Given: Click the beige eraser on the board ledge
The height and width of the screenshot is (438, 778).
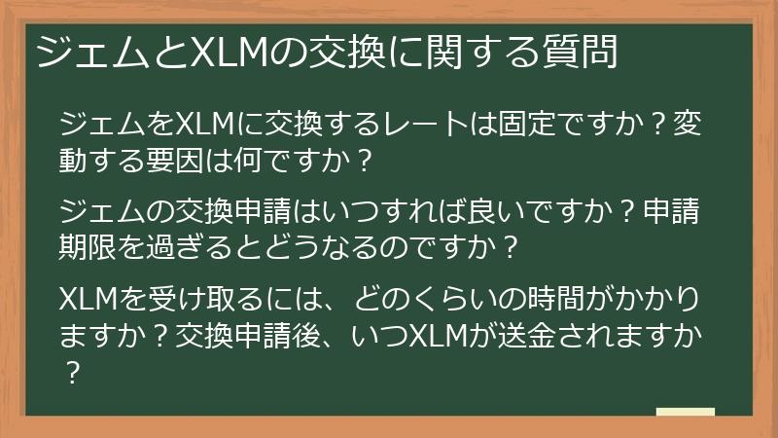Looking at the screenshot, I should pos(685,413).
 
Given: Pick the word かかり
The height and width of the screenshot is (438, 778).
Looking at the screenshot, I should pos(670,296).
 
